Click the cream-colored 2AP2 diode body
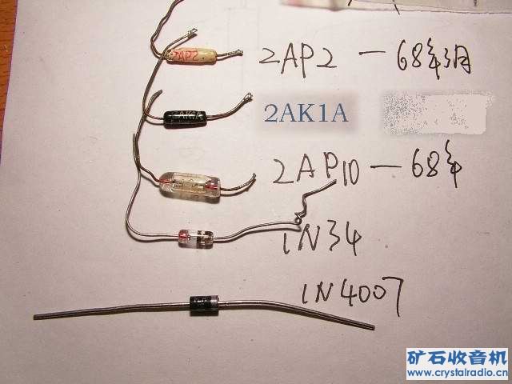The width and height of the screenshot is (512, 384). click(x=190, y=56)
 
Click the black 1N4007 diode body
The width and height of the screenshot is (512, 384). click(x=203, y=302)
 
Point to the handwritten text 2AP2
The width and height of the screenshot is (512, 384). click(x=295, y=58)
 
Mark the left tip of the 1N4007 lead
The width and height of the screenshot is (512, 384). click(x=36, y=317)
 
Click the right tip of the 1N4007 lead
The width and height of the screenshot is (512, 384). click(x=372, y=327)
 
